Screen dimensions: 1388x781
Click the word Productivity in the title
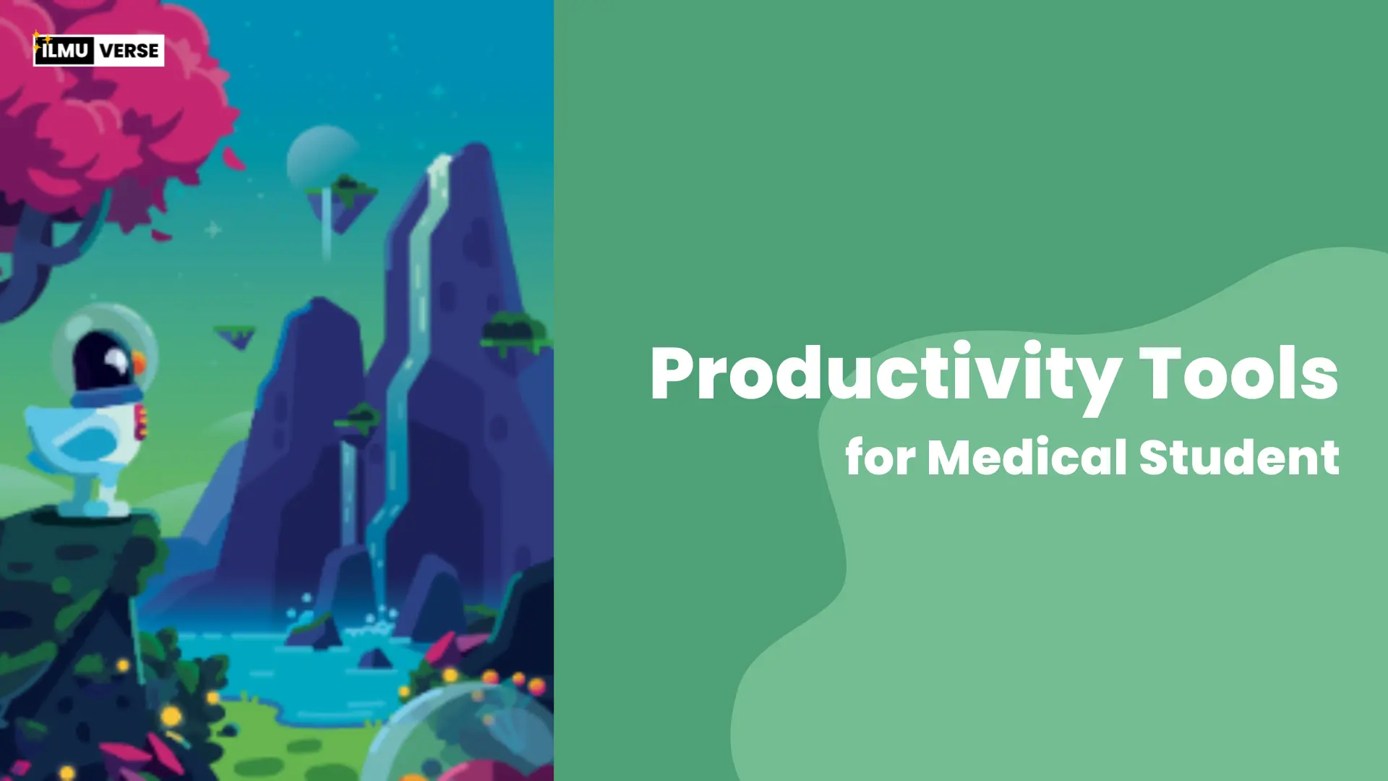(x=885, y=376)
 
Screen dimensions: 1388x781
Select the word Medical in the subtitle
(x=1027, y=457)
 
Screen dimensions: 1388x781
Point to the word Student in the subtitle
(x=1239, y=457)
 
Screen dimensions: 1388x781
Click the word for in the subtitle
(x=880, y=457)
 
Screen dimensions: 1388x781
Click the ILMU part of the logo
(x=64, y=51)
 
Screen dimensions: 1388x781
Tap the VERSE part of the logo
(x=129, y=51)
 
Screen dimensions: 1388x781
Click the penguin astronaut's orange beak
(x=138, y=362)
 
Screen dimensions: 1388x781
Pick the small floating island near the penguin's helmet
(x=236, y=336)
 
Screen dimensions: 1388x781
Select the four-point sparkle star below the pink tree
(x=213, y=230)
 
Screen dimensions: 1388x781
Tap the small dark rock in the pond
(x=375, y=658)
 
